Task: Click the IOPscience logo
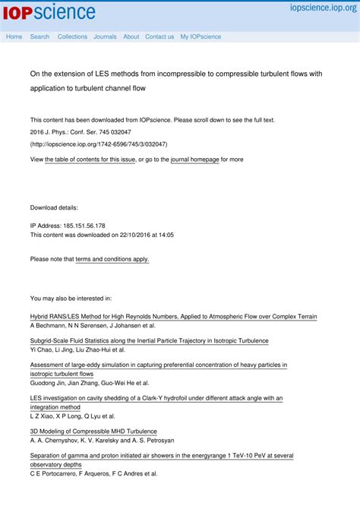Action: pos(51,12)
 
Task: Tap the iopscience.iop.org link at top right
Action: pos(322,8)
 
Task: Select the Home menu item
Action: pos(14,36)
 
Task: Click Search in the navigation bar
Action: pos(39,36)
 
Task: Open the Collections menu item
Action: pos(72,36)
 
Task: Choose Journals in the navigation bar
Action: pos(105,36)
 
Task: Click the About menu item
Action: pos(131,36)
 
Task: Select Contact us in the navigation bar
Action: pos(159,36)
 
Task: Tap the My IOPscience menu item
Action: pos(201,36)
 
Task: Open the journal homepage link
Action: pos(194,160)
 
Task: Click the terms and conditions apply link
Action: pos(112,259)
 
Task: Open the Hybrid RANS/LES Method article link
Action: pos(173,316)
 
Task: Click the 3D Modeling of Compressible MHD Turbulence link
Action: pos(93,431)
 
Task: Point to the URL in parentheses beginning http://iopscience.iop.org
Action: pos(99,144)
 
